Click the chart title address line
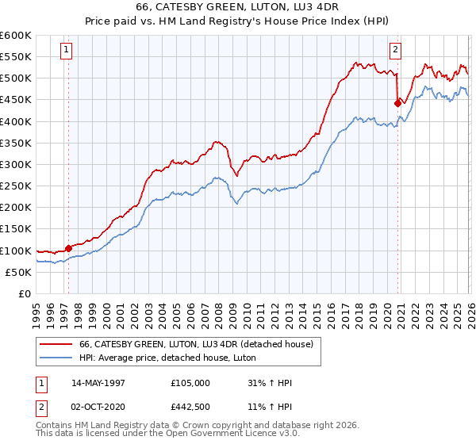coord(238,7)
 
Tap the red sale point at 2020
coord(397,102)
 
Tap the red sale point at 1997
coord(69,248)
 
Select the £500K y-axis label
coord(16,78)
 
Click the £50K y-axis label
coord(18,272)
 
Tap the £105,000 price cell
coord(190,383)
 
